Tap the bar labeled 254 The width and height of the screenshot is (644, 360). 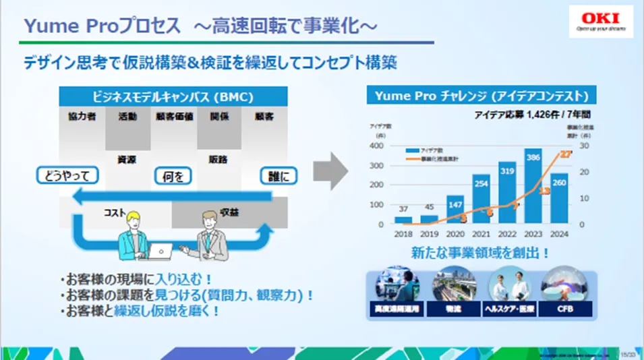481,200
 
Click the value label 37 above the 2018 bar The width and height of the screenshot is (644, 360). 403,208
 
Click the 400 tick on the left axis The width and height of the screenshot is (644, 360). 376,146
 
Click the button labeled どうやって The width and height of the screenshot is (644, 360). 67,176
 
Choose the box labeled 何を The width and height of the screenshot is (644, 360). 173,177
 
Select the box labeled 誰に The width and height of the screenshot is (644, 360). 279,177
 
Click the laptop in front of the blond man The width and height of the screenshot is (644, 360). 160,251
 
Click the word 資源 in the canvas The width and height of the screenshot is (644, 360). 127,160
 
